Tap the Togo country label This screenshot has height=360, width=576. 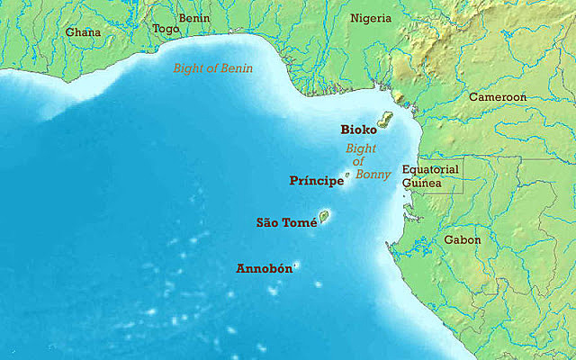[166, 28]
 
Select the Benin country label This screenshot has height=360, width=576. [193, 17]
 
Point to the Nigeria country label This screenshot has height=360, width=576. [371, 18]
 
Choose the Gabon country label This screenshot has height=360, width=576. [463, 240]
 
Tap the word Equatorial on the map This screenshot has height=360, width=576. [430, 169]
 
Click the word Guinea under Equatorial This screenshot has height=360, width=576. [421, 183]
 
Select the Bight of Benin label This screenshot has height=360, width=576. [213, 68]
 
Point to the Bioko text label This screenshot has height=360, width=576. [358, 130]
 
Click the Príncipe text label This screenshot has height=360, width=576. [317, 181]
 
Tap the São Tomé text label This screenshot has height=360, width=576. [287, 222]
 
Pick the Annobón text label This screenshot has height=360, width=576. [262, 268]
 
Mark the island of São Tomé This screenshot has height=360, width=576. [324, 216]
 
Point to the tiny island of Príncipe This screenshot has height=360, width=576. [347, 174]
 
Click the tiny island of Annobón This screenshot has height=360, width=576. [295, 265]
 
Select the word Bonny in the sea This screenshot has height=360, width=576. [373, 175]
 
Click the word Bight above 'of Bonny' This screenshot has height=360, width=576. [360, 148]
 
